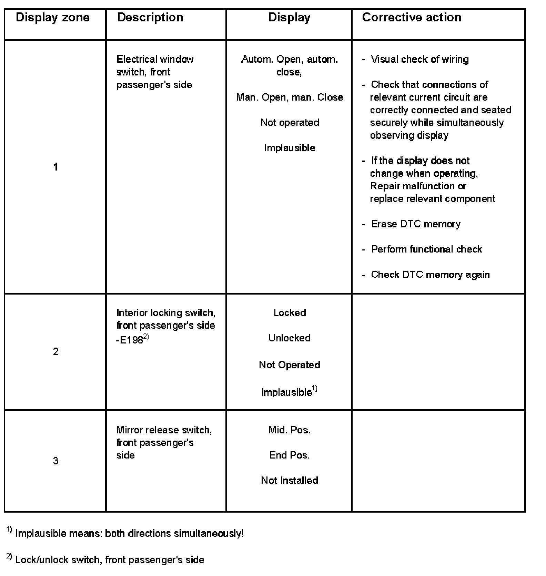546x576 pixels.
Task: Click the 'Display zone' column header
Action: point(53,18)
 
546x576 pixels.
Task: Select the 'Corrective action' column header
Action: point(411,18)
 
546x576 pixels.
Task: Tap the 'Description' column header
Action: point(150,18)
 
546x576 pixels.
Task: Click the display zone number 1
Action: point(55,167)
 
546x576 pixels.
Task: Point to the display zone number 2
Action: point(55,352)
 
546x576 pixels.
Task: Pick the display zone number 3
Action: point(55,461)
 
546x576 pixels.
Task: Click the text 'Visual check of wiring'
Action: point(419,59)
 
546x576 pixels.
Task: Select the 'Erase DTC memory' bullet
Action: point(415,224)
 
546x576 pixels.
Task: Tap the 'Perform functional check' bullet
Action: point(426,249)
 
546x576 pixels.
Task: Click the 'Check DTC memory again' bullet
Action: point(430,275)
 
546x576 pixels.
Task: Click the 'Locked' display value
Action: point(290,312)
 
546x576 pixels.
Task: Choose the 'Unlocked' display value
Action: point(289,338)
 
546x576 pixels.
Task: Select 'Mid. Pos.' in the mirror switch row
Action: point(289,430)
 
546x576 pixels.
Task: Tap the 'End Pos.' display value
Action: point(289,455)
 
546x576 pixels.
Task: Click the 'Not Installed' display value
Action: point(289,481)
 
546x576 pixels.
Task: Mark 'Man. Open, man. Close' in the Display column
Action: point(290,97)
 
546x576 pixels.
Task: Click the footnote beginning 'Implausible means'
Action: point(129,533)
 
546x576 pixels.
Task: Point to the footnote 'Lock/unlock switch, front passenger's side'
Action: point(109,560)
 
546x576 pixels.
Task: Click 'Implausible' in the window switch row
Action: point(290,148)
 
